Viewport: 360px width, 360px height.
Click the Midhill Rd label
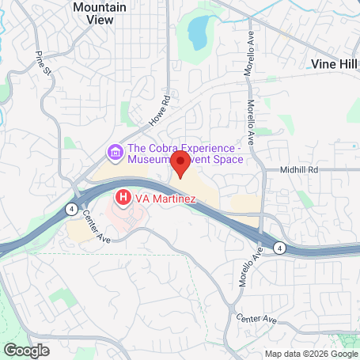298,169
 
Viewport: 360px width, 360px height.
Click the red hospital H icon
123,196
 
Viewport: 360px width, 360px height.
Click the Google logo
26,350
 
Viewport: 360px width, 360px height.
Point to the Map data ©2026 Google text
311,354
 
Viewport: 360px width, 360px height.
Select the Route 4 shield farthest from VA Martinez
279,248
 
